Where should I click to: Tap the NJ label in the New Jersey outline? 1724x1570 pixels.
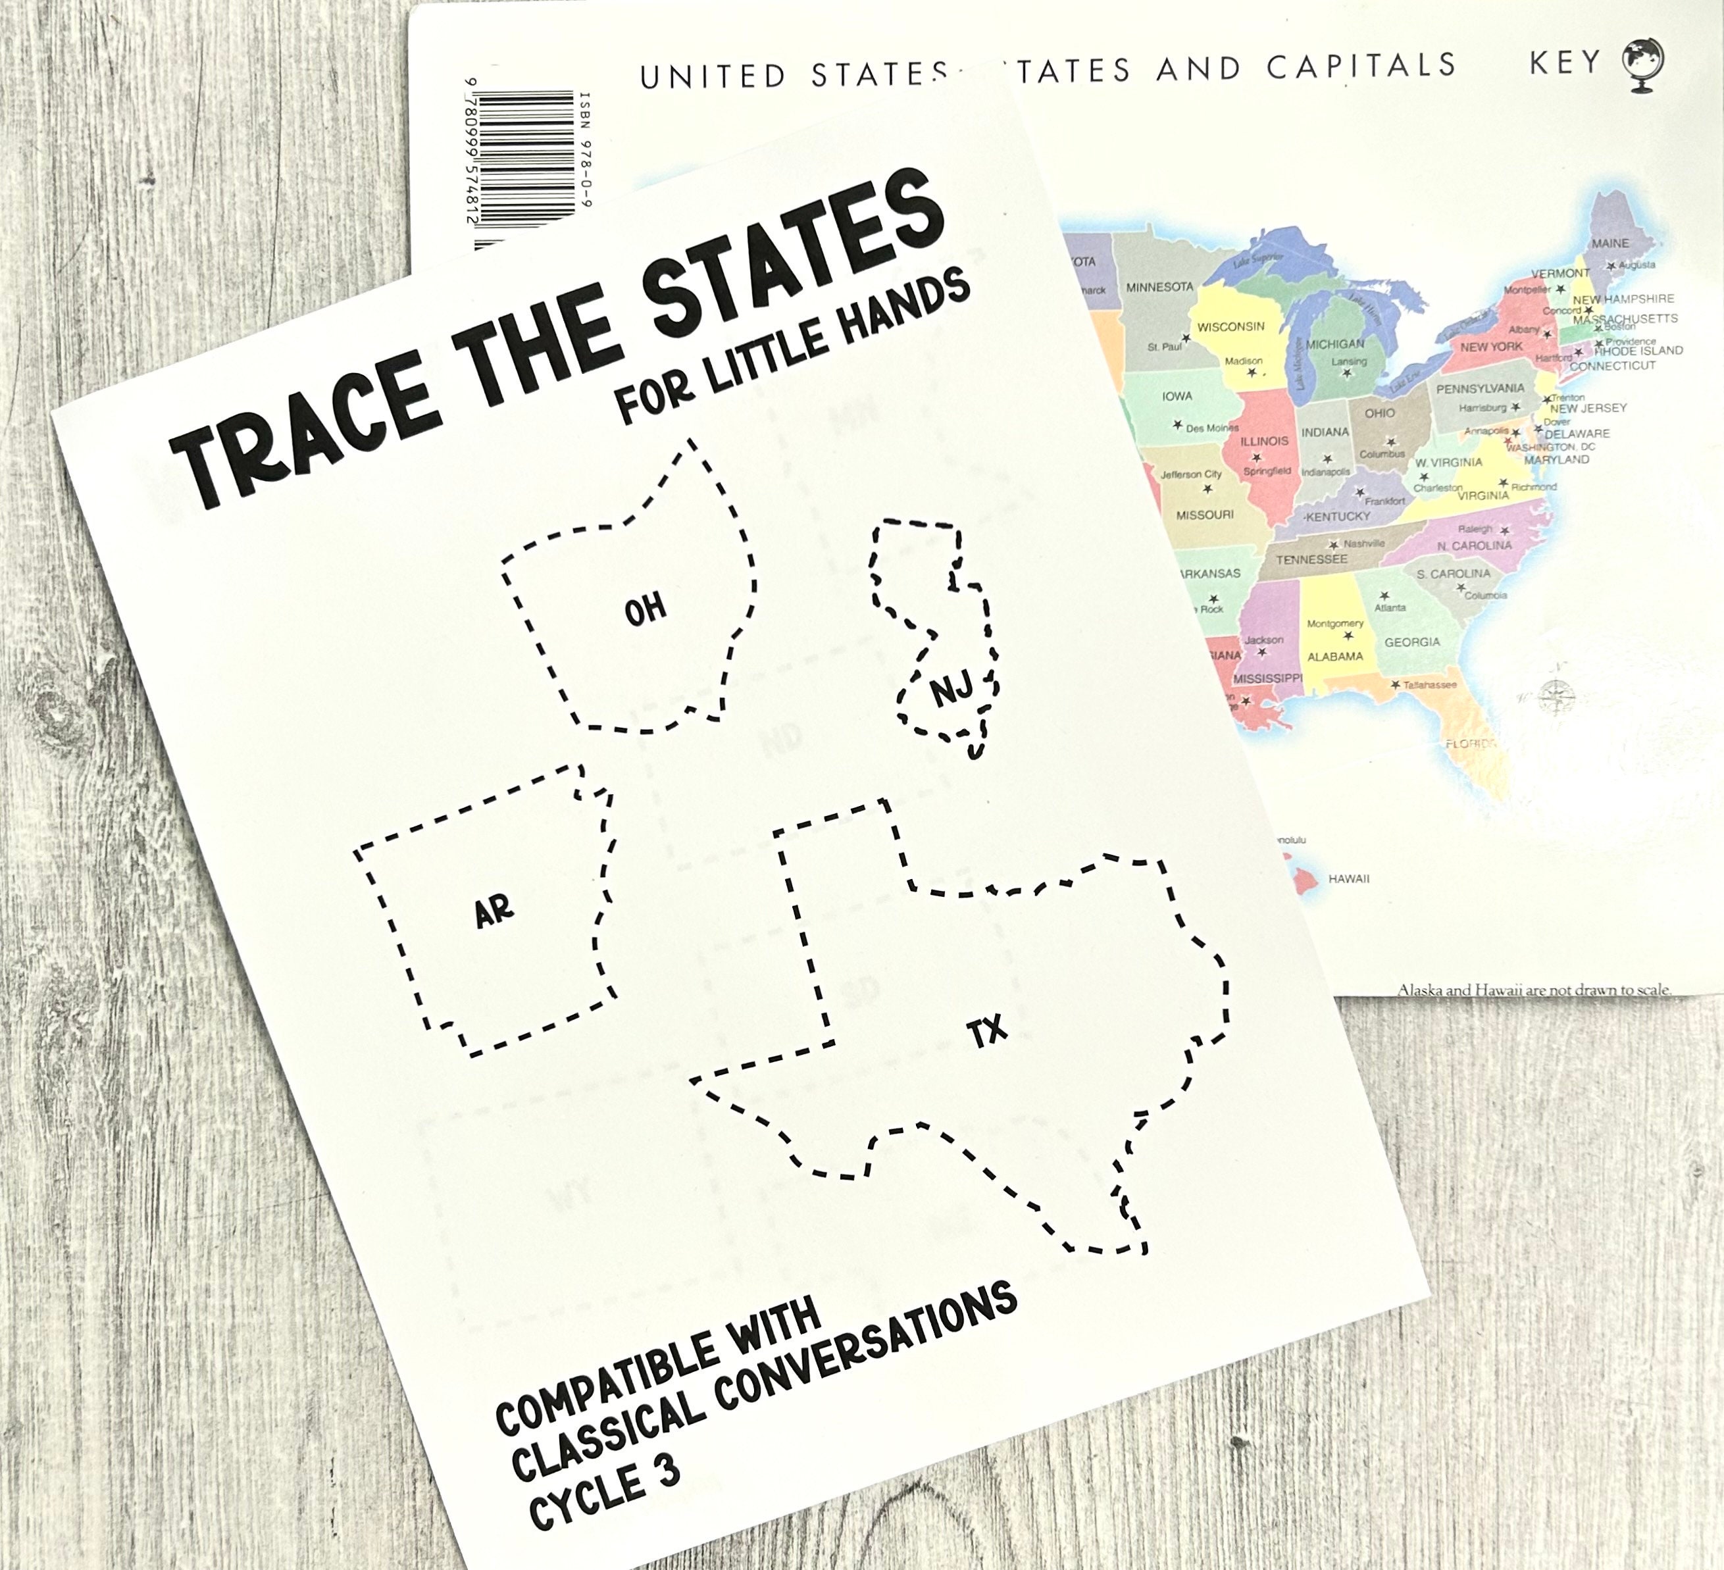(951, 689)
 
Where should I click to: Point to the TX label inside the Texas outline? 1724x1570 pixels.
(987, 1033)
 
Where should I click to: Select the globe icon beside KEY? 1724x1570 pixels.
(1644, 64)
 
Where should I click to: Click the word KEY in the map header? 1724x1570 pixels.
(1565, 63)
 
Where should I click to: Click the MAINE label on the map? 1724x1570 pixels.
(1610, 243)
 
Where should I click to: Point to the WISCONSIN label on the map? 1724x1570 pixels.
(1230, 326)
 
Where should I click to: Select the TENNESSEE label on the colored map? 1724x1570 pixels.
(1311, 559)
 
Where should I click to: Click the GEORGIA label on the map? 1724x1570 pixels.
(1412, 642)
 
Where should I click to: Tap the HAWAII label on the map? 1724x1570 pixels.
(1348, 879)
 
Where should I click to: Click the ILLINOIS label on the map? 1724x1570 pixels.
(1264, 442)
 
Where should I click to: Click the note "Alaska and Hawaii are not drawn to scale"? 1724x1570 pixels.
(1533, 990)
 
